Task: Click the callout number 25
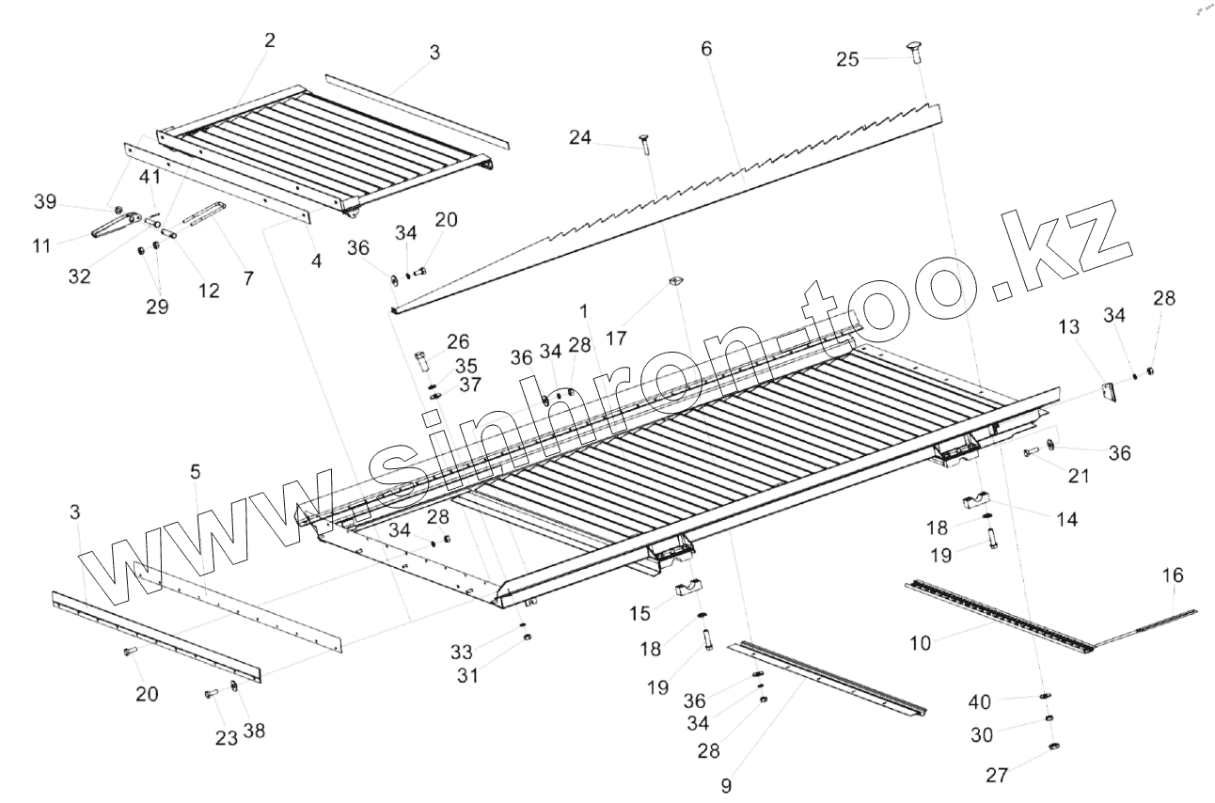pos(847,59)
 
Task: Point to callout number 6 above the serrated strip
pos(706,50)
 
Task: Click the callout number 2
pos(270,40)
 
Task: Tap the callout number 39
pos(45,202)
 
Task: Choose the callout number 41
pos(150,176)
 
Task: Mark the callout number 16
pos(1173,575)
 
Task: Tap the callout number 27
pos(997,776)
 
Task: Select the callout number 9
pos(726,783)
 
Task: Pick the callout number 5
pos(195,472)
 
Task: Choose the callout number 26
pos(458,340)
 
